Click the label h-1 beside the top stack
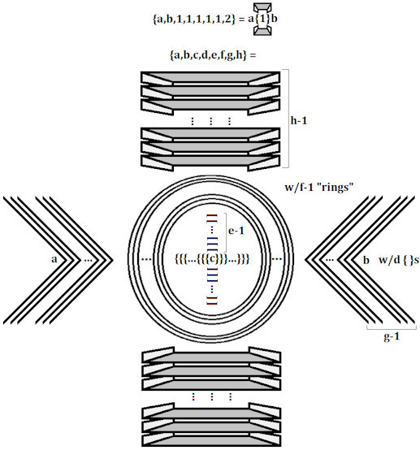click(299, 120)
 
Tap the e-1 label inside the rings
click(236, 230)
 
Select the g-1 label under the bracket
click(392, 336)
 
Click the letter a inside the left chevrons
click(54, 259)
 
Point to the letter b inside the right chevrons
click(366, 260)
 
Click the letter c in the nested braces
click(212, 259)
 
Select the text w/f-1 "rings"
click(318, 187)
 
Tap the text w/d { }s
click(399, 260)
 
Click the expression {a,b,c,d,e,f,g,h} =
click(213, 54)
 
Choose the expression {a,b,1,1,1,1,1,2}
click(194, 19)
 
